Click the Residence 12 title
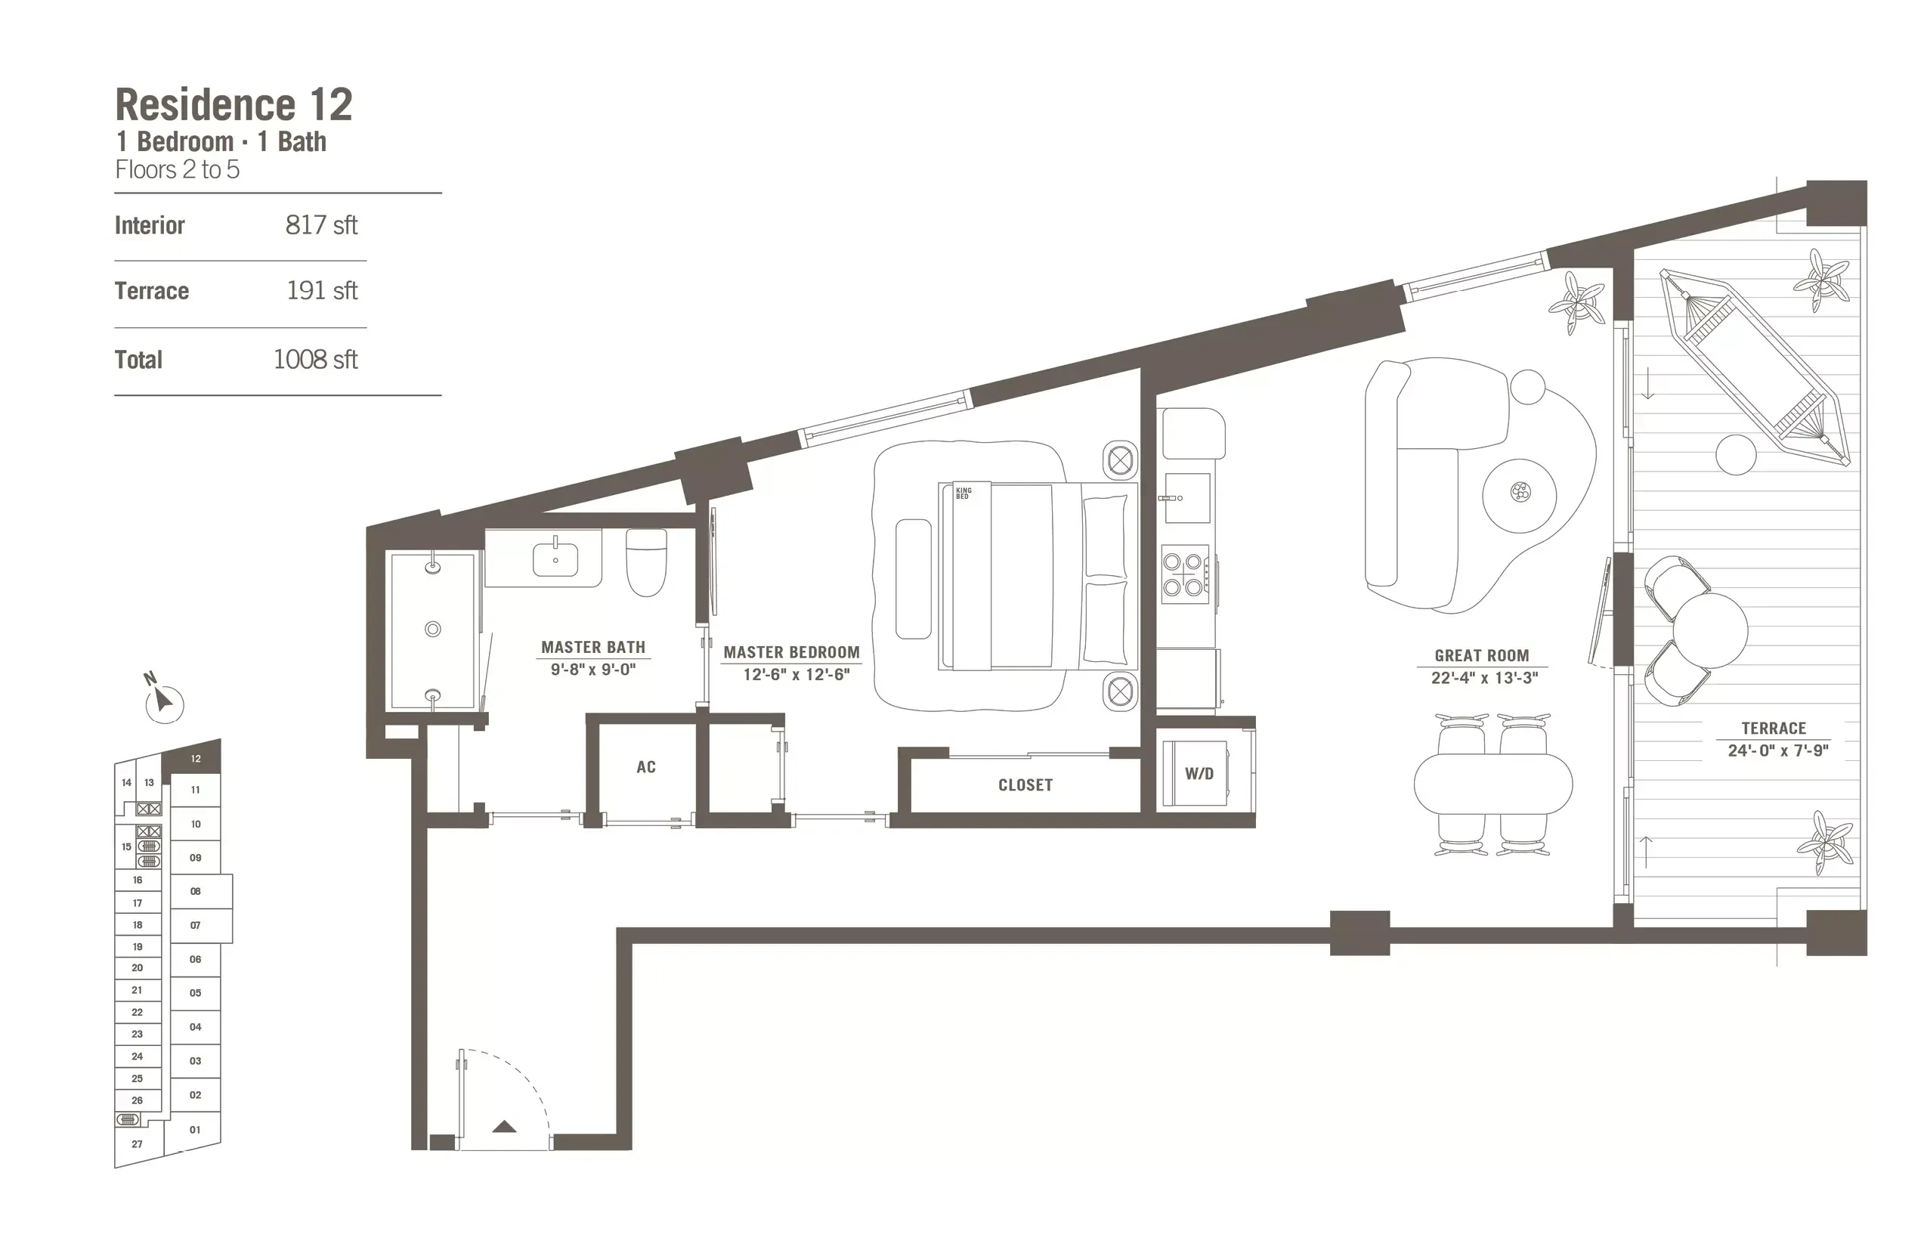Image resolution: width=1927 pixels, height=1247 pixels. tap(234, 105)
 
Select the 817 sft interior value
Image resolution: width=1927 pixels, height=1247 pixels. tap(320, 225)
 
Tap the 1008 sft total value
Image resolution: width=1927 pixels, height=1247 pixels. tap(315, 360)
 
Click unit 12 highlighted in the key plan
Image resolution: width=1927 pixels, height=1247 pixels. tap(195, 759)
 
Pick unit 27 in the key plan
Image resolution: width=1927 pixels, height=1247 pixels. tap(137, 1144)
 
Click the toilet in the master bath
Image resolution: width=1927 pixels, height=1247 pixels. tap(646, 562)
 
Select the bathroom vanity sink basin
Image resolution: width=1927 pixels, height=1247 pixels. tap(555, 559)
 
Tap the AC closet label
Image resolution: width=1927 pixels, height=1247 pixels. tap(645, 767)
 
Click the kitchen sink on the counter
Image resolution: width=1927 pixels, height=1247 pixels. tap(1186, 498)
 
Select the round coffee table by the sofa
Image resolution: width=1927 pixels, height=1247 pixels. tap(1519, 495)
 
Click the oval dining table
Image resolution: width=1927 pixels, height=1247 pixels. tap(1493, 784)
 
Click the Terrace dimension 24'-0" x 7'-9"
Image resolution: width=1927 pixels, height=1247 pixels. tap(1778, 750)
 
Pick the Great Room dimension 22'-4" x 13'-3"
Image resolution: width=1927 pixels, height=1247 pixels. tap(1483, 678)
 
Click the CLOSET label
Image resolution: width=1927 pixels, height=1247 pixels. tap(1025, 784)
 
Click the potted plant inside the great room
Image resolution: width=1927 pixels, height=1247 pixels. tap(1576, 303)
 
